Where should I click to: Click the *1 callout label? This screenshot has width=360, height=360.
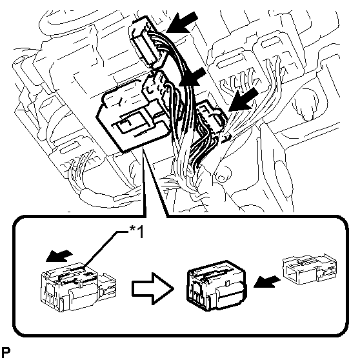(x=137, y=232)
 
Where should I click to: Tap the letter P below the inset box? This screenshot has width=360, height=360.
(x=6, y=352)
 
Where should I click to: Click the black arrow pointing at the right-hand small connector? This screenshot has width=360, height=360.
(x=244, y=99)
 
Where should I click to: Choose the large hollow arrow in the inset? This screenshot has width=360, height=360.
(x=152, y=288)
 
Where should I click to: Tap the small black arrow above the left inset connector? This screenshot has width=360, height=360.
(x=59, y=255)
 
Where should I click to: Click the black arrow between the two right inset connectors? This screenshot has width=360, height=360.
(x=267, y=281)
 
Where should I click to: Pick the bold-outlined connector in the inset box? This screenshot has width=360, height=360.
(x=217, y=286)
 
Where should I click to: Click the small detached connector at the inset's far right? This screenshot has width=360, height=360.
(x=310, y=269)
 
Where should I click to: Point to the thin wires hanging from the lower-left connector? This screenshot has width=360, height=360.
(x=81, y=170)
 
